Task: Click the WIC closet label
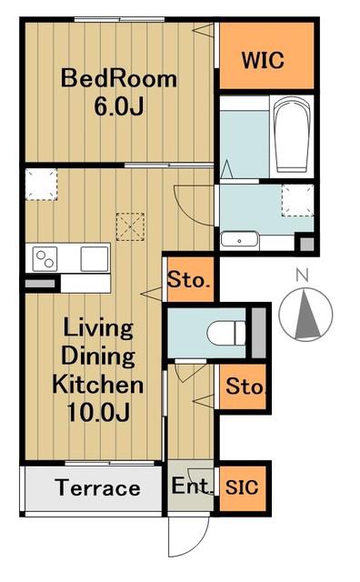[x=263, y=60]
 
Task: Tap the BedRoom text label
[x=119, y=78]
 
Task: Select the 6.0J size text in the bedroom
[x=118, y=106]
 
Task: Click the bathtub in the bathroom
[x=292, y=135]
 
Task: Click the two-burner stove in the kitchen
[x=45, y=258]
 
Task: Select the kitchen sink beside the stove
[x=95, y=258]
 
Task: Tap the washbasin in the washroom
[x=239, y=240]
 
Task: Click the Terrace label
[x=97, y=487]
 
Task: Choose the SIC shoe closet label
[x=242, y=487]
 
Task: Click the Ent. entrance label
[x=191, y=486]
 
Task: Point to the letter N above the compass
[x=303, y=275]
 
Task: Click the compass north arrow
[x=307, y=315]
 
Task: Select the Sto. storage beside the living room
[x=188, y=279]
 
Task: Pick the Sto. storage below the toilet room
[x=245, y=386]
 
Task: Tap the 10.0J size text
[x=99, y=411]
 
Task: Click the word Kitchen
[x=98, y=384]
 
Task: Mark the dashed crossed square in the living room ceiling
[x=130, y=226]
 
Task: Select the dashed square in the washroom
[x=297, y=200]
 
